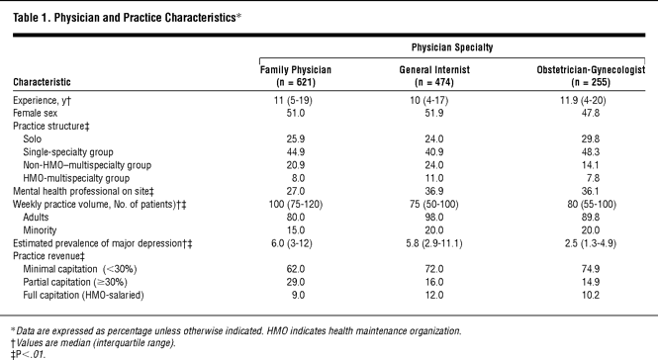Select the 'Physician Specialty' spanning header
[452, 47]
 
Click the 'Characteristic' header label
[42, 82]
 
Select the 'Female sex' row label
[36, 114]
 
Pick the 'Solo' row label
[33, 138]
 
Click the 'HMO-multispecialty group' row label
[76, 178]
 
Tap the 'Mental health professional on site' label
[83, 191]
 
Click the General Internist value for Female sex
[434, 114]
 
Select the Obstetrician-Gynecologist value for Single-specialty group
[590, 152]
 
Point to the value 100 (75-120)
[296, 205]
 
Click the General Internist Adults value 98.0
[434, 218]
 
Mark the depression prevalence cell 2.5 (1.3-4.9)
[590, 243]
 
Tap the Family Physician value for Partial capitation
[296, 282]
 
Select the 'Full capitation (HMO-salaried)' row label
[83, 295]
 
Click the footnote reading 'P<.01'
[29, 354]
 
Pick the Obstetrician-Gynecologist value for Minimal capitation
[590, 269]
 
